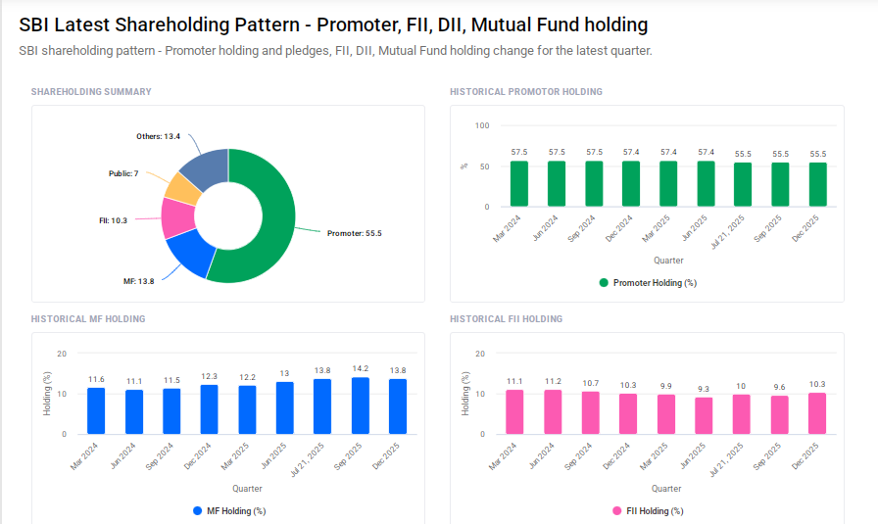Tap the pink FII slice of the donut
178,217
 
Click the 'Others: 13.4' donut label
158,136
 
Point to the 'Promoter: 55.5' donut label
354,233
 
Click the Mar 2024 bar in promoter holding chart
518,184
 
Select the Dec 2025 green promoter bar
817,184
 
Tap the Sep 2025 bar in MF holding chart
360,405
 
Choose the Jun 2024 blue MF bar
133,411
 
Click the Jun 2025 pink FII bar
704,415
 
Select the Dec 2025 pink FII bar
817,413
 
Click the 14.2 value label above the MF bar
360,369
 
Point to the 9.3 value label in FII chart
704,389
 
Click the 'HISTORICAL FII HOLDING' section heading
506,319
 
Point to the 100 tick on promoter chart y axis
481,125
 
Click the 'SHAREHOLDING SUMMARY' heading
91,92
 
